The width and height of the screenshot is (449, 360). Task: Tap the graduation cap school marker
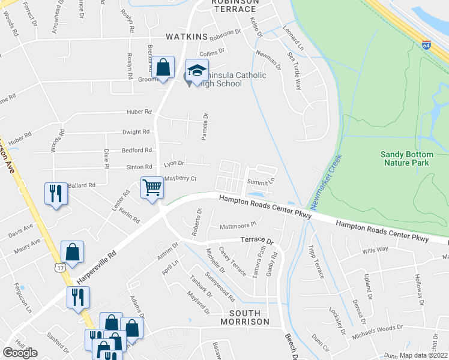pos(197,71)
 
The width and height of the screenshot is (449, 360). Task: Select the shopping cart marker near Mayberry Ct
pos(152,188)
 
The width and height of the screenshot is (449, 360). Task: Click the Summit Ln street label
pos(263,180)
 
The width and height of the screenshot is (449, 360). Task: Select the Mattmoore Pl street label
pos(238,224)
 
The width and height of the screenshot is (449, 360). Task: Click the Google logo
pos(20,353)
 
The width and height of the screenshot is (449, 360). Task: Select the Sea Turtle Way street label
pos(294,71)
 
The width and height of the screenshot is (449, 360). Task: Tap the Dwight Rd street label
pos(136,132)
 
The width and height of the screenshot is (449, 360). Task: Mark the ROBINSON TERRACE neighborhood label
pos(235,6)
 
